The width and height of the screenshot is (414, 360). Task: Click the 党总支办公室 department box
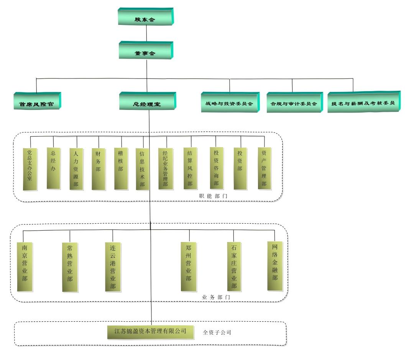(30, 169)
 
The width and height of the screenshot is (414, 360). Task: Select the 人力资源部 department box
(76, 169)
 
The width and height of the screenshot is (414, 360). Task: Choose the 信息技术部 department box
(142, 169)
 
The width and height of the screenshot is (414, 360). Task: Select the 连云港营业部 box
(113, 267)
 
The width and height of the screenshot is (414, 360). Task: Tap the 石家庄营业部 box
(234, 267)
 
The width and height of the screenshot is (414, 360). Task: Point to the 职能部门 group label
(213, 196)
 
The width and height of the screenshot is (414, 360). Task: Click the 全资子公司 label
(217, 332)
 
